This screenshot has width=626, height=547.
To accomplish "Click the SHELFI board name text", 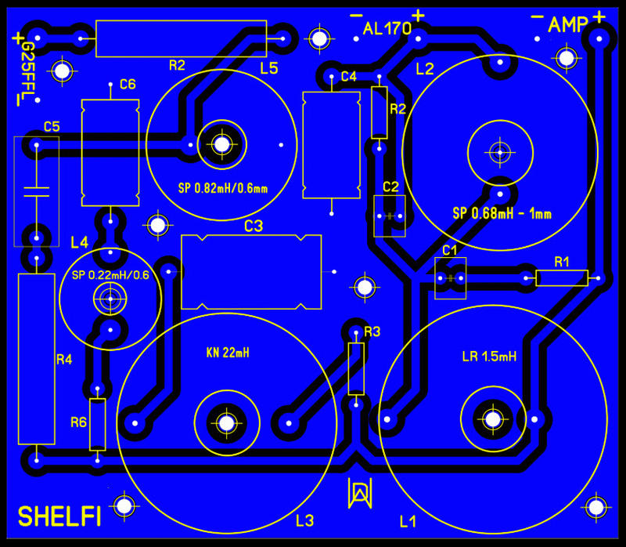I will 60,516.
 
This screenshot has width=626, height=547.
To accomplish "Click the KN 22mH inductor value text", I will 223,353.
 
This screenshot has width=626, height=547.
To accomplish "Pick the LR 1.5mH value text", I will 489,357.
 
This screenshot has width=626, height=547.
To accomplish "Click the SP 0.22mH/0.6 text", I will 110,275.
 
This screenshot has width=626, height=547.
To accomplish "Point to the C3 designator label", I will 254,226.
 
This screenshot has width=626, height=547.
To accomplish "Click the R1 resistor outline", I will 562,277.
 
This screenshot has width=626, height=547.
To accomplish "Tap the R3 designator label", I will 372,332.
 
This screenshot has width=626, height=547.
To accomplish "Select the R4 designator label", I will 64,360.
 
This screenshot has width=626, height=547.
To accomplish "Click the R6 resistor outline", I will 97,424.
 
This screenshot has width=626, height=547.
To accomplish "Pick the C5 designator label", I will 52,125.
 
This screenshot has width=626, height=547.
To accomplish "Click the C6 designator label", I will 128,85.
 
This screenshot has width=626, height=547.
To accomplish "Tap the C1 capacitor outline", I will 450,278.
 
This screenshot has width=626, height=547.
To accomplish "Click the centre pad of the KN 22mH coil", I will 226,422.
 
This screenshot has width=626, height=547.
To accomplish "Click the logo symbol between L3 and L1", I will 358,492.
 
